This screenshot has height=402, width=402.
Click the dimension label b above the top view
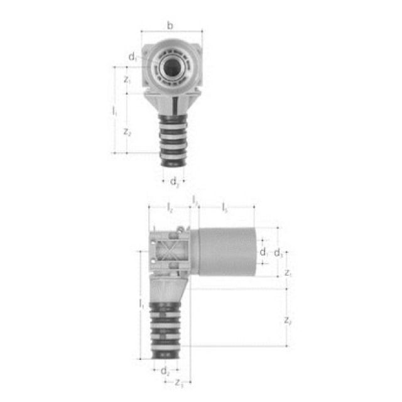coord(170,25)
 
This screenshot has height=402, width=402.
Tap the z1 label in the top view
coord(128,80)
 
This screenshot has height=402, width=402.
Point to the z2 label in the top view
coord(128,133)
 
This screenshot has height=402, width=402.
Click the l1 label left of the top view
coord(114,111)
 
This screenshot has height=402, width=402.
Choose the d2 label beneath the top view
coord(174,182)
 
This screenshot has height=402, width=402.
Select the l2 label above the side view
coord(170,207)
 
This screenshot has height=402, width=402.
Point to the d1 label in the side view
coord(264,253)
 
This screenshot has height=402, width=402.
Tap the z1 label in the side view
coord(288,273)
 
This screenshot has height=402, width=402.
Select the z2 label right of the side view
coord(288,320)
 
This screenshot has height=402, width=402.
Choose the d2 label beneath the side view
coord(165,371)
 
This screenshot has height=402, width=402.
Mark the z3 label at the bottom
coord(180,382)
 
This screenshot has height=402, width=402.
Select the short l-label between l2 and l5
coord(195,200)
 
